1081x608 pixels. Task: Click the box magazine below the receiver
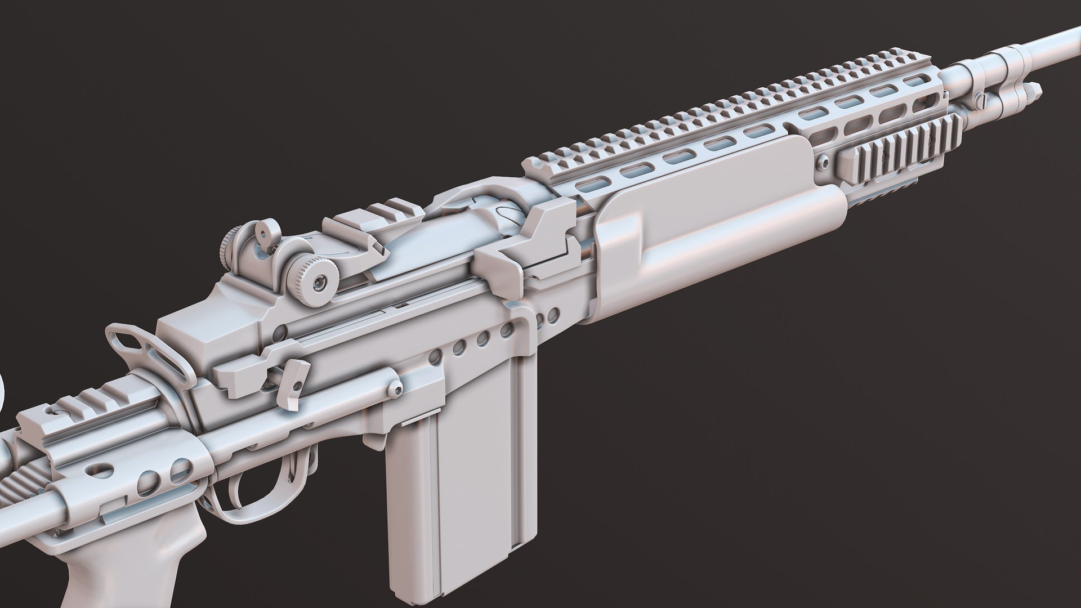click(450, 495)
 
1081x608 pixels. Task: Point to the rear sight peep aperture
click(260, 229)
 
